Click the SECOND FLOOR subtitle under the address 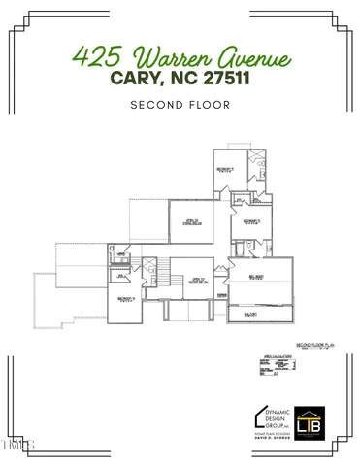(x=180, y=105)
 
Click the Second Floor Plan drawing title (x=315, y=345)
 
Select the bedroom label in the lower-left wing (x=125, y=299)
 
